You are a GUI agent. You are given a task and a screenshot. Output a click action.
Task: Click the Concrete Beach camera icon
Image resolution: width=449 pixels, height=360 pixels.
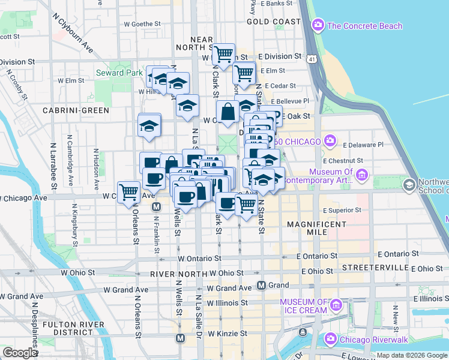(318, 25)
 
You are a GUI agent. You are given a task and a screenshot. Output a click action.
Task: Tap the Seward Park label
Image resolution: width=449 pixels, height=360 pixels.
(119, 73)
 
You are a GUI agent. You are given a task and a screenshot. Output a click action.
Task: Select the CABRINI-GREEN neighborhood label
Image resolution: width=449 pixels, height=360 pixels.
(76, 110)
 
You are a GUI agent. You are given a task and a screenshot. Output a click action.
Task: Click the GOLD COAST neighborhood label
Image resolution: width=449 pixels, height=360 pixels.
(273, 22)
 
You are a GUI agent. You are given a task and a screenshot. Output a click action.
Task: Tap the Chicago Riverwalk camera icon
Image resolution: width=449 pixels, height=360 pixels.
(330, 340)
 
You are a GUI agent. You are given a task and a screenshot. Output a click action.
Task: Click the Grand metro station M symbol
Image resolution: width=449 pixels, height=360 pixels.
(261, 285)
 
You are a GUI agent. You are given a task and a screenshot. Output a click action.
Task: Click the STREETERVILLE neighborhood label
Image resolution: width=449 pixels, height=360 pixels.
(366, 266)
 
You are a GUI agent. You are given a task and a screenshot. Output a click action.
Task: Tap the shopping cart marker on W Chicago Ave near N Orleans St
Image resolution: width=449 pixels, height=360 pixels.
(129, 192)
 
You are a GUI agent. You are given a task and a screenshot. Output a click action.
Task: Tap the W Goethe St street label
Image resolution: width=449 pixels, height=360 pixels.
(142, 25)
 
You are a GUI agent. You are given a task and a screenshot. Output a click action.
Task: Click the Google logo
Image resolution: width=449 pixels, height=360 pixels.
(20, 353)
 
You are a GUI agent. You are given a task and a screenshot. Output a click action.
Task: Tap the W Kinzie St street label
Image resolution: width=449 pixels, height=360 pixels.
(228, 333)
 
